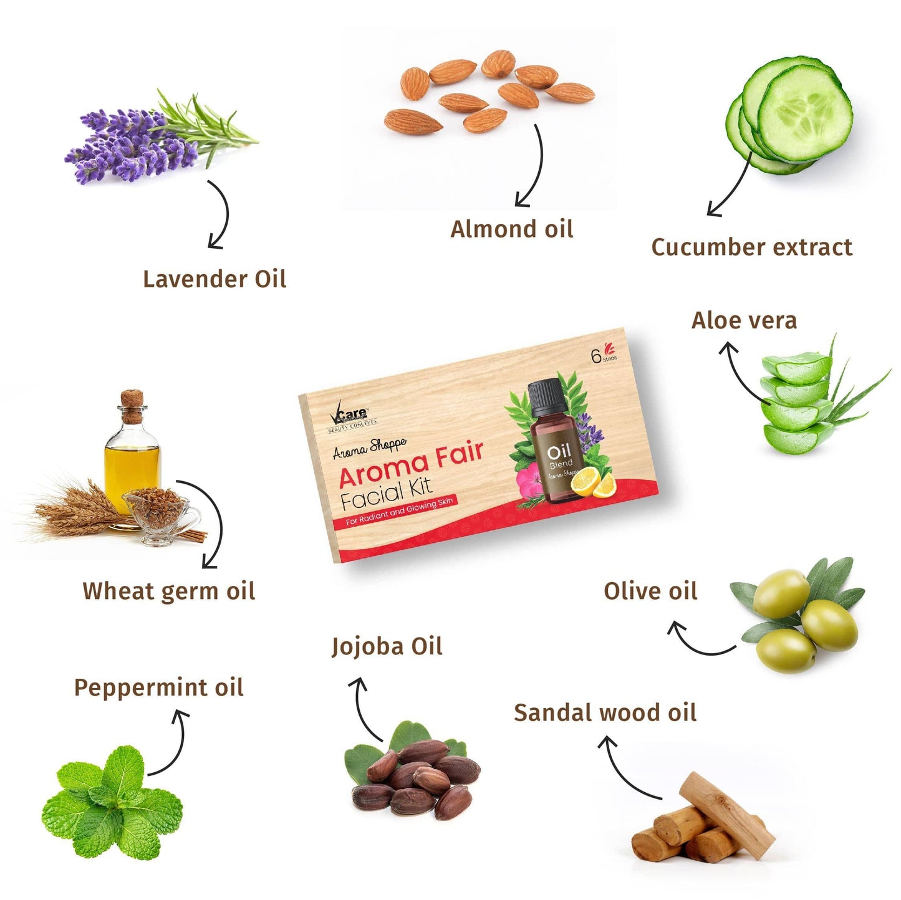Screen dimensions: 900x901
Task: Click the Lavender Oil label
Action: click(x=214, y=279)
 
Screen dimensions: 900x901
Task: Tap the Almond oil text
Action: click(x=511, y=229)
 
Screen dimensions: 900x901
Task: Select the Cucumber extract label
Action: click(x=751, y=247)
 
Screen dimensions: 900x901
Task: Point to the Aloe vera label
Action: click(x=744, y=320)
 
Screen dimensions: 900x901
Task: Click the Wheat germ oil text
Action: click(x=168, y=591)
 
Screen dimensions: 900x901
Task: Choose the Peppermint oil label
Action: click(x=158, y=687)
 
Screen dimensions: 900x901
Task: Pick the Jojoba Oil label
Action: click(x=387, y=646)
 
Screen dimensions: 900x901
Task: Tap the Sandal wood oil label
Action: click(x=605, y=712)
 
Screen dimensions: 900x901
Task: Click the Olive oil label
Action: click(x=650, y=591)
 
